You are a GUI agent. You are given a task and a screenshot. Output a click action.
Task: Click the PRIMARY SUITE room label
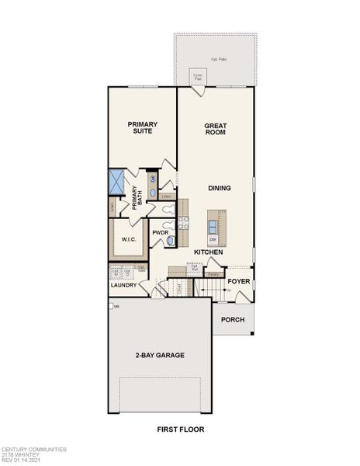pos(143,128)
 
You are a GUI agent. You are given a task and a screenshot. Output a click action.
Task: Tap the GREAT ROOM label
pos(215,128)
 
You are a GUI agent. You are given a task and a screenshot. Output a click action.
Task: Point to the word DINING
pos(219,189)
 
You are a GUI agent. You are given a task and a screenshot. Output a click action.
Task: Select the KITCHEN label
pos(208,252)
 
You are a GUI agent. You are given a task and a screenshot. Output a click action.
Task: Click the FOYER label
pos(237,281)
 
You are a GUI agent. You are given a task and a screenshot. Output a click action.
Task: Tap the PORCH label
pos(233,319)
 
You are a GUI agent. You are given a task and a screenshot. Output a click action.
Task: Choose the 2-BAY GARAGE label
pos(159,355)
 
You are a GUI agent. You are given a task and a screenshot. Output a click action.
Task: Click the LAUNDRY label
pos(123,285)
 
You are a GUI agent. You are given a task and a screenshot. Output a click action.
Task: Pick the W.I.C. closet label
pos(128,239)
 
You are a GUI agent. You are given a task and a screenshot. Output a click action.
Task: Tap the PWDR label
pos(161,232)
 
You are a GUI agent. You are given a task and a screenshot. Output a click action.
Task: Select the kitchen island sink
pos(213,226)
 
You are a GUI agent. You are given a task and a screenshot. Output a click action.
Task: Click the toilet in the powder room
pos(171,242)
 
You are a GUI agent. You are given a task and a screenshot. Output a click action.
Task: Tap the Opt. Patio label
pos(220,60)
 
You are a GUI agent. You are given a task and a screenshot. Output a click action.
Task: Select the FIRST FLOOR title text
pos(179,428)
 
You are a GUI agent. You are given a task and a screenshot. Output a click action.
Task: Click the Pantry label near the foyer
pos(213,274)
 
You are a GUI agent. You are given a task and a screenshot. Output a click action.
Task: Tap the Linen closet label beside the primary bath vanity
pos(164,196)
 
